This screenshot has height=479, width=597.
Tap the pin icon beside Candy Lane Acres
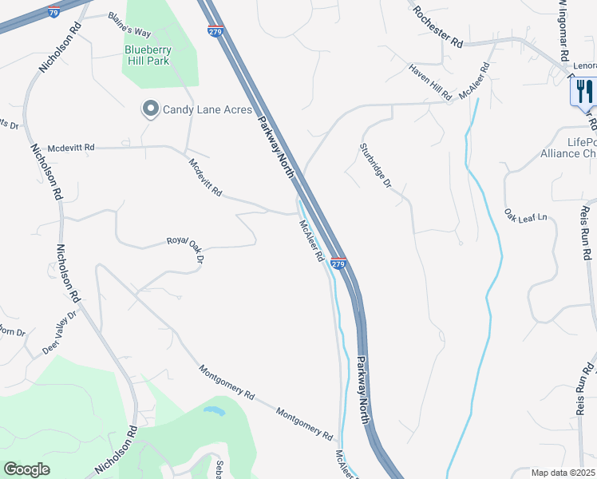149,109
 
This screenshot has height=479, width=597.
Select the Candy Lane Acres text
208,109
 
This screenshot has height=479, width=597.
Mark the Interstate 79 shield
53,14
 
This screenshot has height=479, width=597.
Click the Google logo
26,469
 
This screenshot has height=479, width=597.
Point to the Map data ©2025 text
563,473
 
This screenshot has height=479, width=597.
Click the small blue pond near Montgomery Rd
214,411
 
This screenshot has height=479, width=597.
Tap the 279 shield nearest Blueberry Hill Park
215,31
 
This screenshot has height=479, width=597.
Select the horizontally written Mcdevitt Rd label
71,148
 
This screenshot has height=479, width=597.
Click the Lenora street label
585,65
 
